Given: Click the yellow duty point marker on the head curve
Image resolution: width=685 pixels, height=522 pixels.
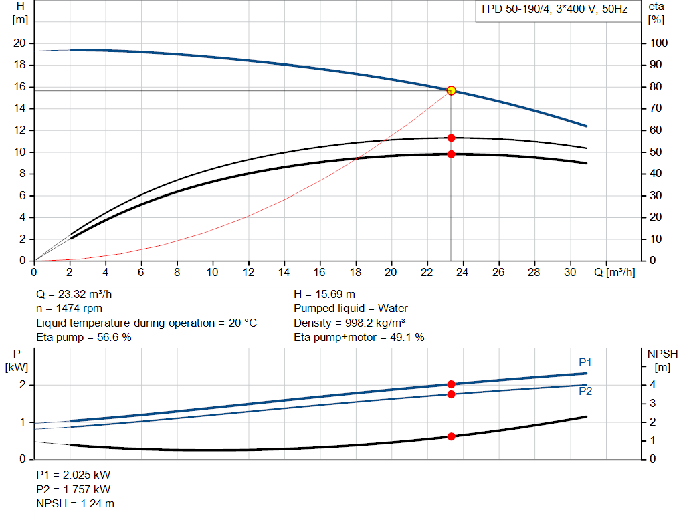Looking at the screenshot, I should [x=451, y=90].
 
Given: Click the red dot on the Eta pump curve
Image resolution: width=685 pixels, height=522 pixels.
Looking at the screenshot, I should [x=451, y=138].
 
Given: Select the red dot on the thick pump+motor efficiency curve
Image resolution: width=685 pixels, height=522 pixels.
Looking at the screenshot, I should [x=451, y=154].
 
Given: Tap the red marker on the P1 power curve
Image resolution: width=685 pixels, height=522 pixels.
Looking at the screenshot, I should [x=451, y=384].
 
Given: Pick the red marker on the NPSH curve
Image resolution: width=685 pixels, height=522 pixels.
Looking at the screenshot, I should [x=451, y=436].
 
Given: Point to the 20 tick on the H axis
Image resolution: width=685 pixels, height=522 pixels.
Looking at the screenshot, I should [x=19, y=43].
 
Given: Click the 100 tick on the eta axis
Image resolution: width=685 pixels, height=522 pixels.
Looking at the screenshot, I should [x=658, y=43].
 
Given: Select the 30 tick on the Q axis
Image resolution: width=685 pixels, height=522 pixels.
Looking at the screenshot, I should [x=570, y=273].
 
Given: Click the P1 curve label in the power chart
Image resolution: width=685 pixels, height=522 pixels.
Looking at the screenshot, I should [x=585, y=362].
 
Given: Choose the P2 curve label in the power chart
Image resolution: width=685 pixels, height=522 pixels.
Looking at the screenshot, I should [x=585, y=392].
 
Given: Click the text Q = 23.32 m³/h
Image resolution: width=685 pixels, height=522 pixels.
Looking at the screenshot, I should [x=79, y=294].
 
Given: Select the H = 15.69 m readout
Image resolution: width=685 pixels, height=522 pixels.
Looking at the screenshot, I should [x=324, y=294].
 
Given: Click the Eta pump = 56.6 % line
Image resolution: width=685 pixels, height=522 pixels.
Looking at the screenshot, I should [x=84, y=338].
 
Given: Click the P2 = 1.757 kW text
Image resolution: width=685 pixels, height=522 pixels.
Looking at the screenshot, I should [x=73, y=489].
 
